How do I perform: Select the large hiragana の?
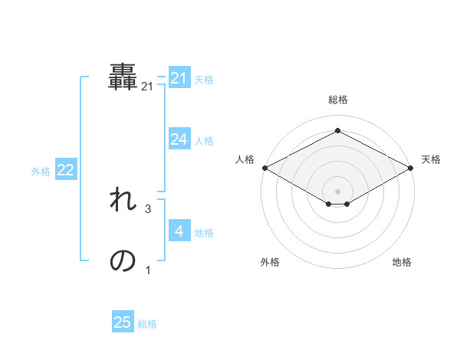pyautogui.click(x=123, y=261)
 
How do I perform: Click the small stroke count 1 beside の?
pyautogui.click(x=148, y=270)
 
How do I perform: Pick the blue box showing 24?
pyautogui.click(x=179, y=139)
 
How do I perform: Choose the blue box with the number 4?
pyautogui.click(x=179, y=231)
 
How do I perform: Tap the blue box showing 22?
pyautogui.click(x=65, y=170)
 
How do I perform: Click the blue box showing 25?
pyautogui.click(x=123, y=322)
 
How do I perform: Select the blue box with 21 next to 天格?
pyautogui.click(x=179, y=78)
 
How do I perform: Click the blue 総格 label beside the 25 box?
pyautogui.click(x=147, y=324)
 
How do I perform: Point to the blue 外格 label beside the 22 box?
pyautogui.click(x=41, y=172)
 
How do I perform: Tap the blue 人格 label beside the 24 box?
pyautogui.click(x=204, y=140)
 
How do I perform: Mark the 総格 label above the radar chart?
pyautogui.click(x=337, y=100)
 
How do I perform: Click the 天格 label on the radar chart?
pyautogui.click(x=431, y=159)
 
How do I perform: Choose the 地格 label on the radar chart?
pyautogui.click(x=402, y=262)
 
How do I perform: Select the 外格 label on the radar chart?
pyautogui.click(x=270, y=262)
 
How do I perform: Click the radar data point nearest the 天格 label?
pyautogui.click(x=412, y=167)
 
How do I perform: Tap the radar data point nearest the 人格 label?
pyautogui.click(x=264, y=167)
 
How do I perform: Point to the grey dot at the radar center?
pyautogui.click(x=337, y=190)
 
